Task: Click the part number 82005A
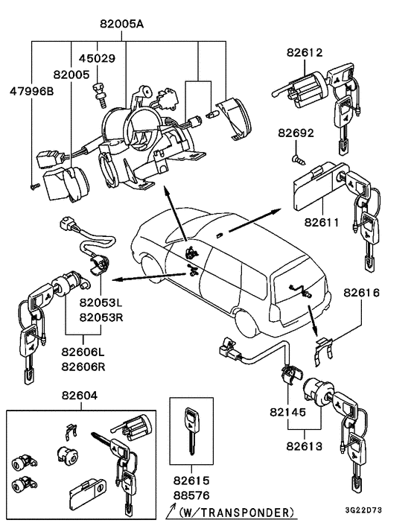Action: pos(122,24)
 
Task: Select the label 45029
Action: pos(95,58)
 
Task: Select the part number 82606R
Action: pos(82,366)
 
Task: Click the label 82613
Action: pos(305,447)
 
